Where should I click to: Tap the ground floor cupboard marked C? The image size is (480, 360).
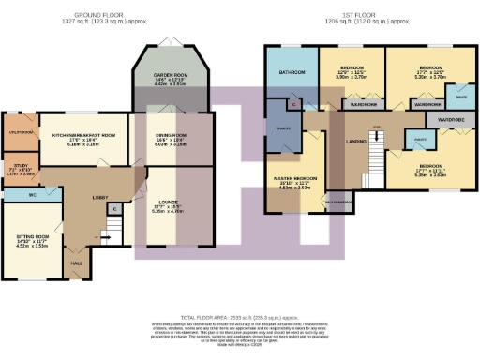pyautogui.click(x=113, y=208)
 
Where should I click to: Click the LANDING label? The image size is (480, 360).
pyautogui.click(x=355, y=142)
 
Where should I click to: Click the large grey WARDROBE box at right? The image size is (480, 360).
pyautogui.click(x=452, y=120)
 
